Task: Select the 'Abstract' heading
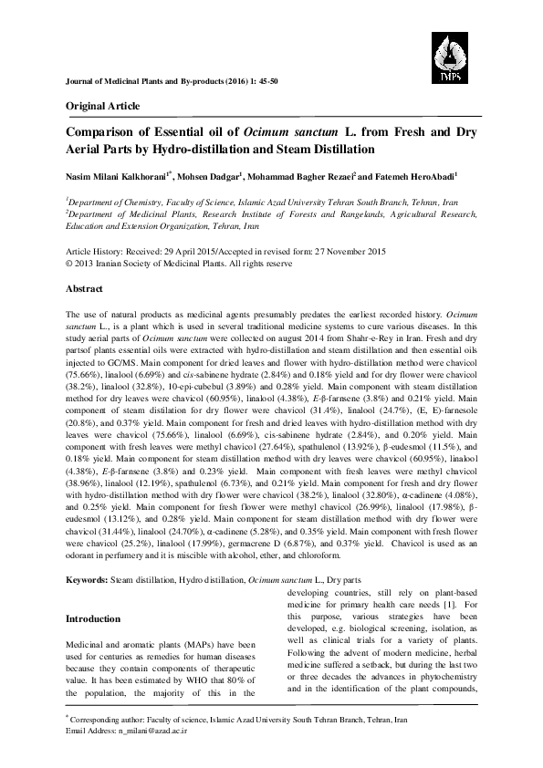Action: click(84, 288)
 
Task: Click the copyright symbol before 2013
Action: click(70, 263)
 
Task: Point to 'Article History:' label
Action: click(94, 251)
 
